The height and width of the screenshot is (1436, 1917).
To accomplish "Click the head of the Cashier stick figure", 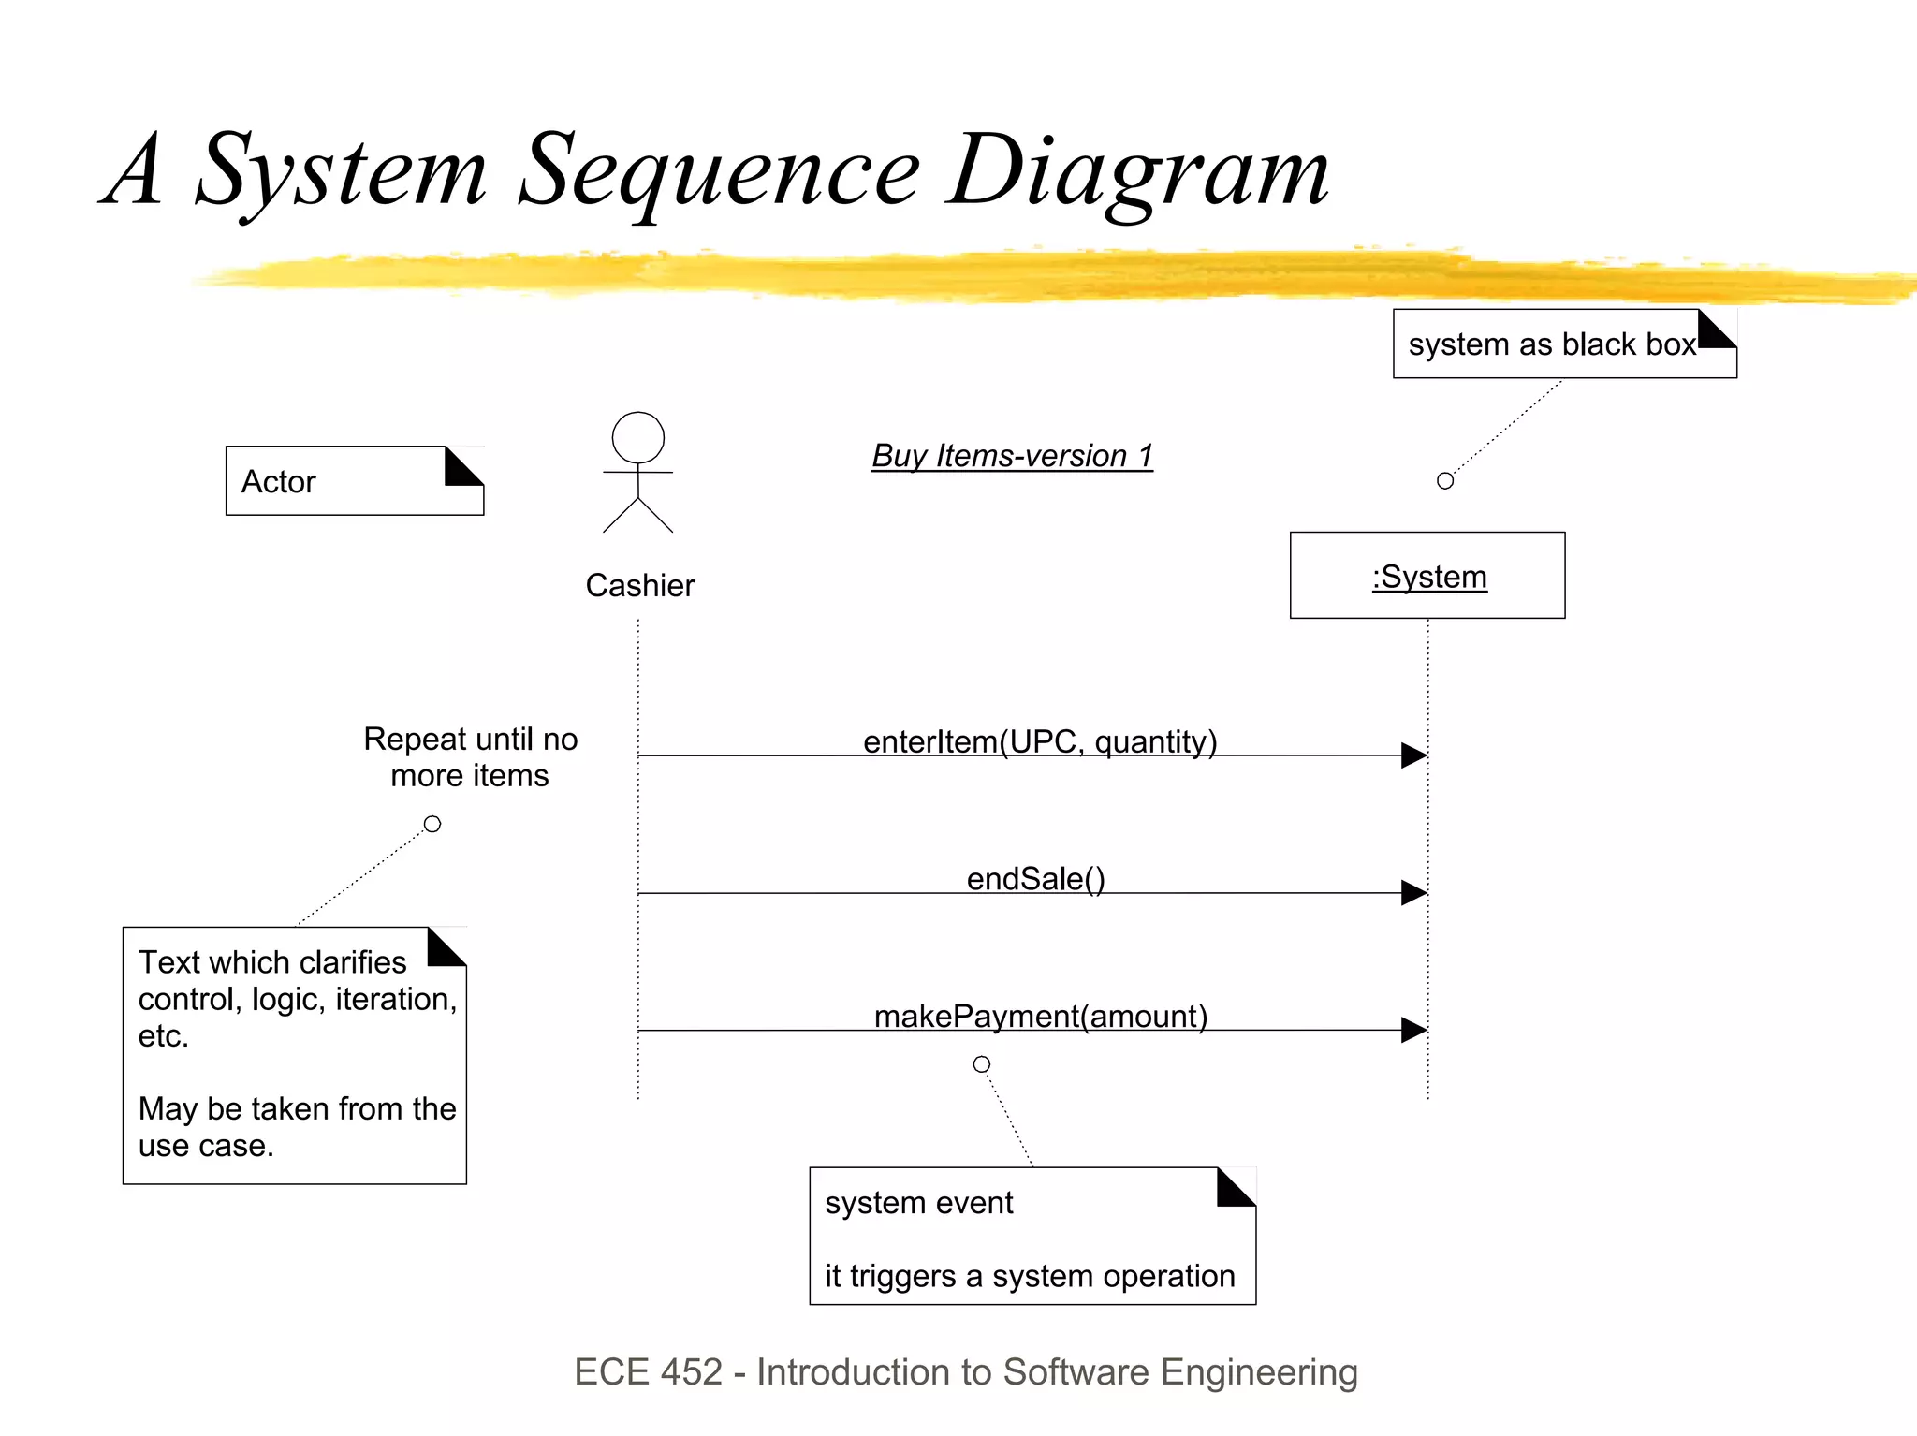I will (637, 437).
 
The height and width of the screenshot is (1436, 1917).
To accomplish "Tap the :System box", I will (1427, 576).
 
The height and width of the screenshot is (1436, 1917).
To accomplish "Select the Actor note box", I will (354, 481).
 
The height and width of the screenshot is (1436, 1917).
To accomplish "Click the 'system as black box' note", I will (1563, 344).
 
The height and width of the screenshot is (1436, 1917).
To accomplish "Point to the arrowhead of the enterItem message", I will (1413, 755).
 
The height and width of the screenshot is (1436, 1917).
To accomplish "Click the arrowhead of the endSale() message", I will (1413, 893).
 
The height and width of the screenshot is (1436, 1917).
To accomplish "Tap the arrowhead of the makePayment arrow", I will (1413, 1031).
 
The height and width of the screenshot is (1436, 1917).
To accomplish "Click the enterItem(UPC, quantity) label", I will (1039, 741).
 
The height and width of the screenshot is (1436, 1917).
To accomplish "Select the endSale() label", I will (1035, 879).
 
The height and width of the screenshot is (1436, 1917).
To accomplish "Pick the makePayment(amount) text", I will (1040, 1017).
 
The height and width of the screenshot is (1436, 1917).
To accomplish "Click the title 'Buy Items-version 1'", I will (1012, 456).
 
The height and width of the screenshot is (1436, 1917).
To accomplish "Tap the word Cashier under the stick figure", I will (639, 586).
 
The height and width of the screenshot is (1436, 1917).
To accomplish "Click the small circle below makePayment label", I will (981, 1064).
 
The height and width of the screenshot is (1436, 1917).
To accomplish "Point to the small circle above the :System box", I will (1444, 481).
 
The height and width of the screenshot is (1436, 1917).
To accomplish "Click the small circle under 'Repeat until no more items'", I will (432, 825).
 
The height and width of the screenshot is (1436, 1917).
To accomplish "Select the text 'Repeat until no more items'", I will (470, 757).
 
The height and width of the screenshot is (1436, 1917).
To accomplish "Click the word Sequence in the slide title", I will (718, 171).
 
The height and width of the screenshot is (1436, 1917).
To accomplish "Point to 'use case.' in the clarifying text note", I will (206, 1146).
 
